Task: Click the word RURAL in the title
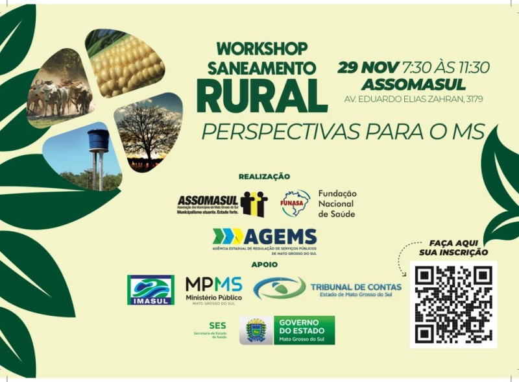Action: (x=261, y=96)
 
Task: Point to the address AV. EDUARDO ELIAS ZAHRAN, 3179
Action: (x=413, y=99)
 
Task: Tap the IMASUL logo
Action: (x=151, y=290)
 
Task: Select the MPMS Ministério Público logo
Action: (x=213, y=289)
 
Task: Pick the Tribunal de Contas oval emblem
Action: (x=280, y=288)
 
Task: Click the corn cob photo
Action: (x=127, y=63)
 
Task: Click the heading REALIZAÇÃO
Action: (x=264, y=177)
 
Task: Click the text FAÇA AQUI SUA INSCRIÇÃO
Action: (x=459, y=248)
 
